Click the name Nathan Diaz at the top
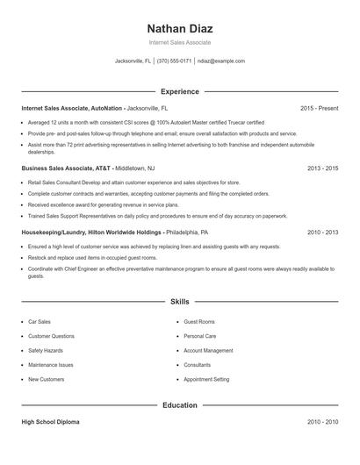(179, 27)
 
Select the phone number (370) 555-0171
(175, 61)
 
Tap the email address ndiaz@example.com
(221, 61)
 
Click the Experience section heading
(179, 91)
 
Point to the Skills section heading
(179, 301)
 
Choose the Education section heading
(179, 405)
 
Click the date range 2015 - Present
(319, 108)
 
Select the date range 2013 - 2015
(322, 167)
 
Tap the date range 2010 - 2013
(322, 232)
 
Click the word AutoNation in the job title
(106, 108)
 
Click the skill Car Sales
(40, 322)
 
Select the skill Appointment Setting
(206, 379)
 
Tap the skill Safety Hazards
(45, 350)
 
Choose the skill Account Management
(208, 350)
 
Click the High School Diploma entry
(50, 422)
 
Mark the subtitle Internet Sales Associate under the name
(179, 42)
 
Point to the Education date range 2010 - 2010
(322, 422)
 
